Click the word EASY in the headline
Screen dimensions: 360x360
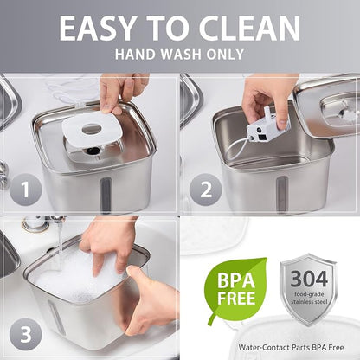coord(97,28)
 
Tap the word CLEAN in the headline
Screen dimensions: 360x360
coord(249,28)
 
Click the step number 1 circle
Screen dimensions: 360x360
coord(25,190)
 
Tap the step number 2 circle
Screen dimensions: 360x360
coord(205,190)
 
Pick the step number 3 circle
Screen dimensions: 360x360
coord(25,335)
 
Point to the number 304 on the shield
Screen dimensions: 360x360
coord(309,279)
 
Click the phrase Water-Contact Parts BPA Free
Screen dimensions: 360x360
coord(291,347)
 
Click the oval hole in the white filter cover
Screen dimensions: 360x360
coord(92,129)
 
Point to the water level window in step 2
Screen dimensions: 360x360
coord(281,193)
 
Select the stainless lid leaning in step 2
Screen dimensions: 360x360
coord(327,106)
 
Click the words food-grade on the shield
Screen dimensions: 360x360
coord(309,294)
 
